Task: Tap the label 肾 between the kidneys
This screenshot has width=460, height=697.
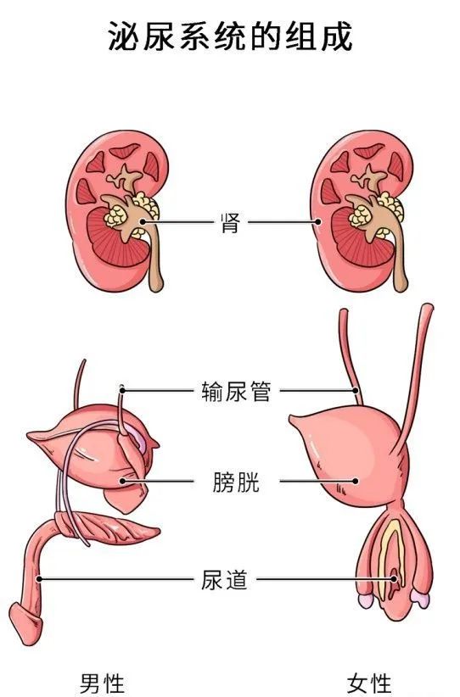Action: [231, 223]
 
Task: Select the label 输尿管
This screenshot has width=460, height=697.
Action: [236, 391]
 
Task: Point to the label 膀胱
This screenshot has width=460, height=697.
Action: [236, 482]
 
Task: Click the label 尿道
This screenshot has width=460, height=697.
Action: [224, 579]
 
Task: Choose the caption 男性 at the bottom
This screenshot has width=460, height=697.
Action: [102, 683]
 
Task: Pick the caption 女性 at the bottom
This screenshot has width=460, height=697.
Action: [369, 683]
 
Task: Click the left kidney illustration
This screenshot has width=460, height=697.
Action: [118, 212]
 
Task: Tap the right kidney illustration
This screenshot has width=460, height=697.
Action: [362, 212]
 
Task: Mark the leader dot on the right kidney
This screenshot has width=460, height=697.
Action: [317, 221]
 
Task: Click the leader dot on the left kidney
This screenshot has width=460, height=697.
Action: [143, 221]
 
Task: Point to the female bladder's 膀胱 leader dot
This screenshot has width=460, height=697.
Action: [355, 481]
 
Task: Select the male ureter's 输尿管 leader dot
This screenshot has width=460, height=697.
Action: [122, 391]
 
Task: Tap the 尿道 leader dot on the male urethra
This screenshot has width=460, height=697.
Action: [39, 579]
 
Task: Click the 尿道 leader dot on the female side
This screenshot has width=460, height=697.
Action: [394, 579]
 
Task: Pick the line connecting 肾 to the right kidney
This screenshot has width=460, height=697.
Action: [283, 221]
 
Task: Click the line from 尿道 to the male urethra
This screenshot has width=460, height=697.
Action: [116, 579]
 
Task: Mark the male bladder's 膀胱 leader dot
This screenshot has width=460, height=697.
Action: [122, 481]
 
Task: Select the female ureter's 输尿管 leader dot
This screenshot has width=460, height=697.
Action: [356, 391]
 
